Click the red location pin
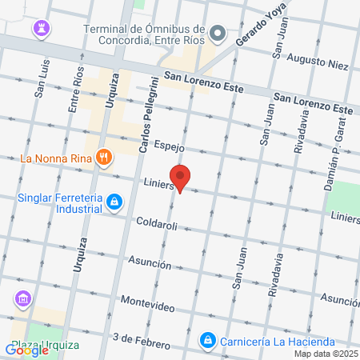coord(181,178)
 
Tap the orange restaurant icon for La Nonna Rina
coord(102,158)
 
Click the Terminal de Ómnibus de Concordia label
coord(145,37)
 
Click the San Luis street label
coord(39,81)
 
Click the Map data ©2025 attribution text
coord(325,354)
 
